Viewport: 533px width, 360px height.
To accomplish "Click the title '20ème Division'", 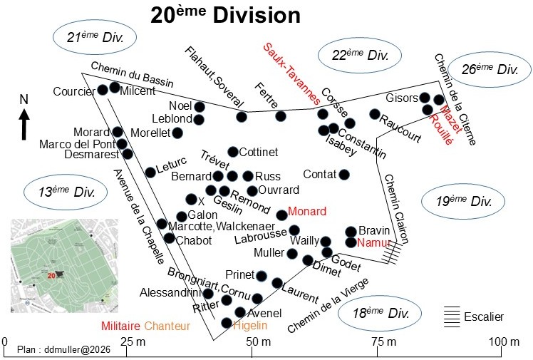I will pyautogui.click(x=225, y=15).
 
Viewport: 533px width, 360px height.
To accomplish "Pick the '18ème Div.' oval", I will pyautogui.click(x=378, y=314).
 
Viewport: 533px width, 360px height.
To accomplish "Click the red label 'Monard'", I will pyautogui.click(x=306, y=212).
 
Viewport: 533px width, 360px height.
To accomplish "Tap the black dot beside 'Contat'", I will pyautogui.click(x=344, y=175).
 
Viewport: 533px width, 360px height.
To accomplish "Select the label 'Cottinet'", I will pyautogui.click(x=259, y=153).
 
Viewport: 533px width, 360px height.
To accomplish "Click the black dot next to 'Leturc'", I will pyautogui.click(x=150, y=172).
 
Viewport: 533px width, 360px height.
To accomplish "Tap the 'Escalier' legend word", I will pyautogui.click(x=483, y=317).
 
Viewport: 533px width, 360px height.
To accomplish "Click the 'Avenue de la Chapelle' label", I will pyautogui.click(x=140, y=215).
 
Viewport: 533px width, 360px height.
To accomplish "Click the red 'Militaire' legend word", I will pyautogui.click(x=120, y=326).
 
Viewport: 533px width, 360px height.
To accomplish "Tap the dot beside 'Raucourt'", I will pyautogui.click(x=374, y=114).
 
